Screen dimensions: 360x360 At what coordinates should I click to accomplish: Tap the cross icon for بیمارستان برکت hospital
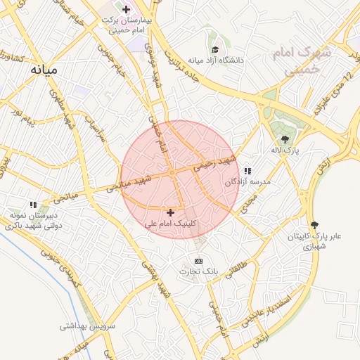pos(126,10)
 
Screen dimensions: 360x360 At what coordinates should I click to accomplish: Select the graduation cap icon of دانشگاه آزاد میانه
pos(215,50)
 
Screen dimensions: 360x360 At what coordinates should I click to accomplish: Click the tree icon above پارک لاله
pos(285,139)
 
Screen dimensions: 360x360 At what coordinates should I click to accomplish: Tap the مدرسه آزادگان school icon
pos(247,171)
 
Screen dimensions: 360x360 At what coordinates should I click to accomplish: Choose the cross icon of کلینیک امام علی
pos(170,212)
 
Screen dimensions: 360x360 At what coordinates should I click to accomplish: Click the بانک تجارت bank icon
pos(198,261)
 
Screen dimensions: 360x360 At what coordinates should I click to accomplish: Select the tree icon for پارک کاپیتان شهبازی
pos(313,225)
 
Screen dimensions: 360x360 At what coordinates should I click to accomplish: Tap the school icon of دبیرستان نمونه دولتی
pos(33,205)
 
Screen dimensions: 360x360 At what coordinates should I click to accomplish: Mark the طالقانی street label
pos(236,268)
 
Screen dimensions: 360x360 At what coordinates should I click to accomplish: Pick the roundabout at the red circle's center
pos(172,172)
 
